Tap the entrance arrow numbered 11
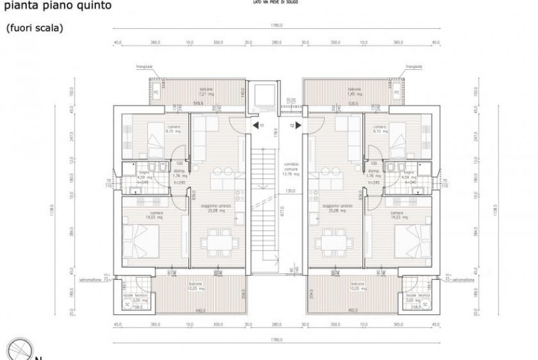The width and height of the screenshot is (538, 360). click(256, 125)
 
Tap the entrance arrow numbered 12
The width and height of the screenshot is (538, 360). click(297, 125)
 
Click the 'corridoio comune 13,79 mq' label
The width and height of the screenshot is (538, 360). click(290, 170)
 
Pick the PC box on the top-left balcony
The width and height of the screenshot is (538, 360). click(155, 92)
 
